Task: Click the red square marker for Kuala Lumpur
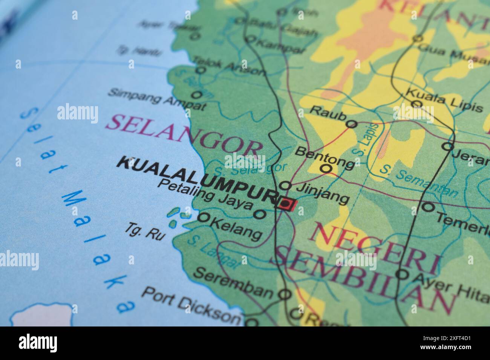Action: click(286, 204)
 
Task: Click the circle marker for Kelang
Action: click(204, 217)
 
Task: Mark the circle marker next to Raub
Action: click(351, 124)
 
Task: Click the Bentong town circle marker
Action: click(326, 168)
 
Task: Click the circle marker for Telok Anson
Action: click(201, 70)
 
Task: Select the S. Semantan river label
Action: click(418, 181)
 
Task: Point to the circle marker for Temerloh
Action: click(427, 206)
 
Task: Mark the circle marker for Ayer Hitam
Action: click(402, 274)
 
